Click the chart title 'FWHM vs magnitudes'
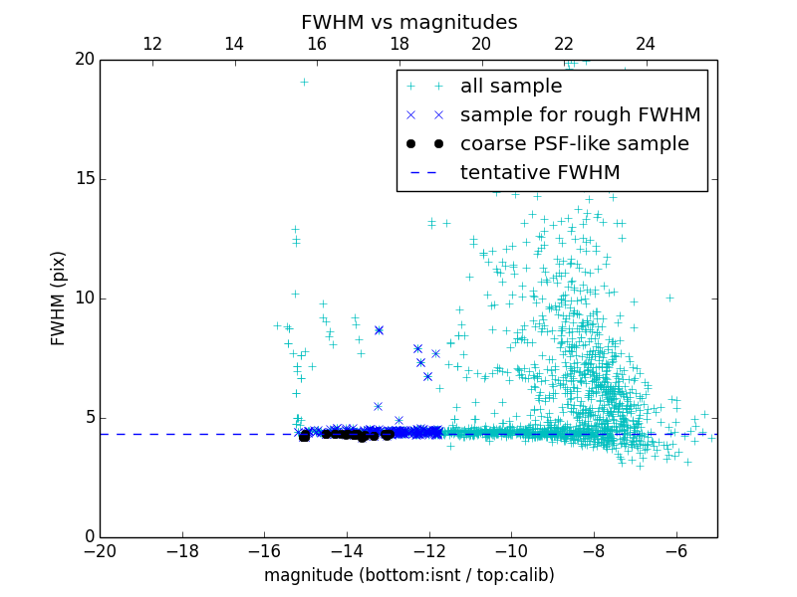pyautogui.click(x=408, y=22)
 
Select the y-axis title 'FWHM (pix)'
pyautogui.click(x=59, y=298)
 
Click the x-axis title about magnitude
pyautogui.click(x=408, y=575)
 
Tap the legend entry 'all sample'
pyautogui.click(x=511, y=87)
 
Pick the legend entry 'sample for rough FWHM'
pyautogui.click(x=580, y=114)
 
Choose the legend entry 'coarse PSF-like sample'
pyautogui.click(x=574, y=143)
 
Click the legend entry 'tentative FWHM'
pyautogui.click(x=540, y=172)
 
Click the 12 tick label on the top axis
pyautogui.click(x=152, y=44)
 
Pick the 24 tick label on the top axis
pyautogui.click(x=646, y=44)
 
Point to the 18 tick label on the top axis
pyautogui.click(x=398, y=44)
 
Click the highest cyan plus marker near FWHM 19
pyautogui.click(x=304, y=82)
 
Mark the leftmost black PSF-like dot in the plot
pyautogui.click(x=304, y=436)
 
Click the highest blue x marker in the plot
pyautogui.click(x=379, y=329)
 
